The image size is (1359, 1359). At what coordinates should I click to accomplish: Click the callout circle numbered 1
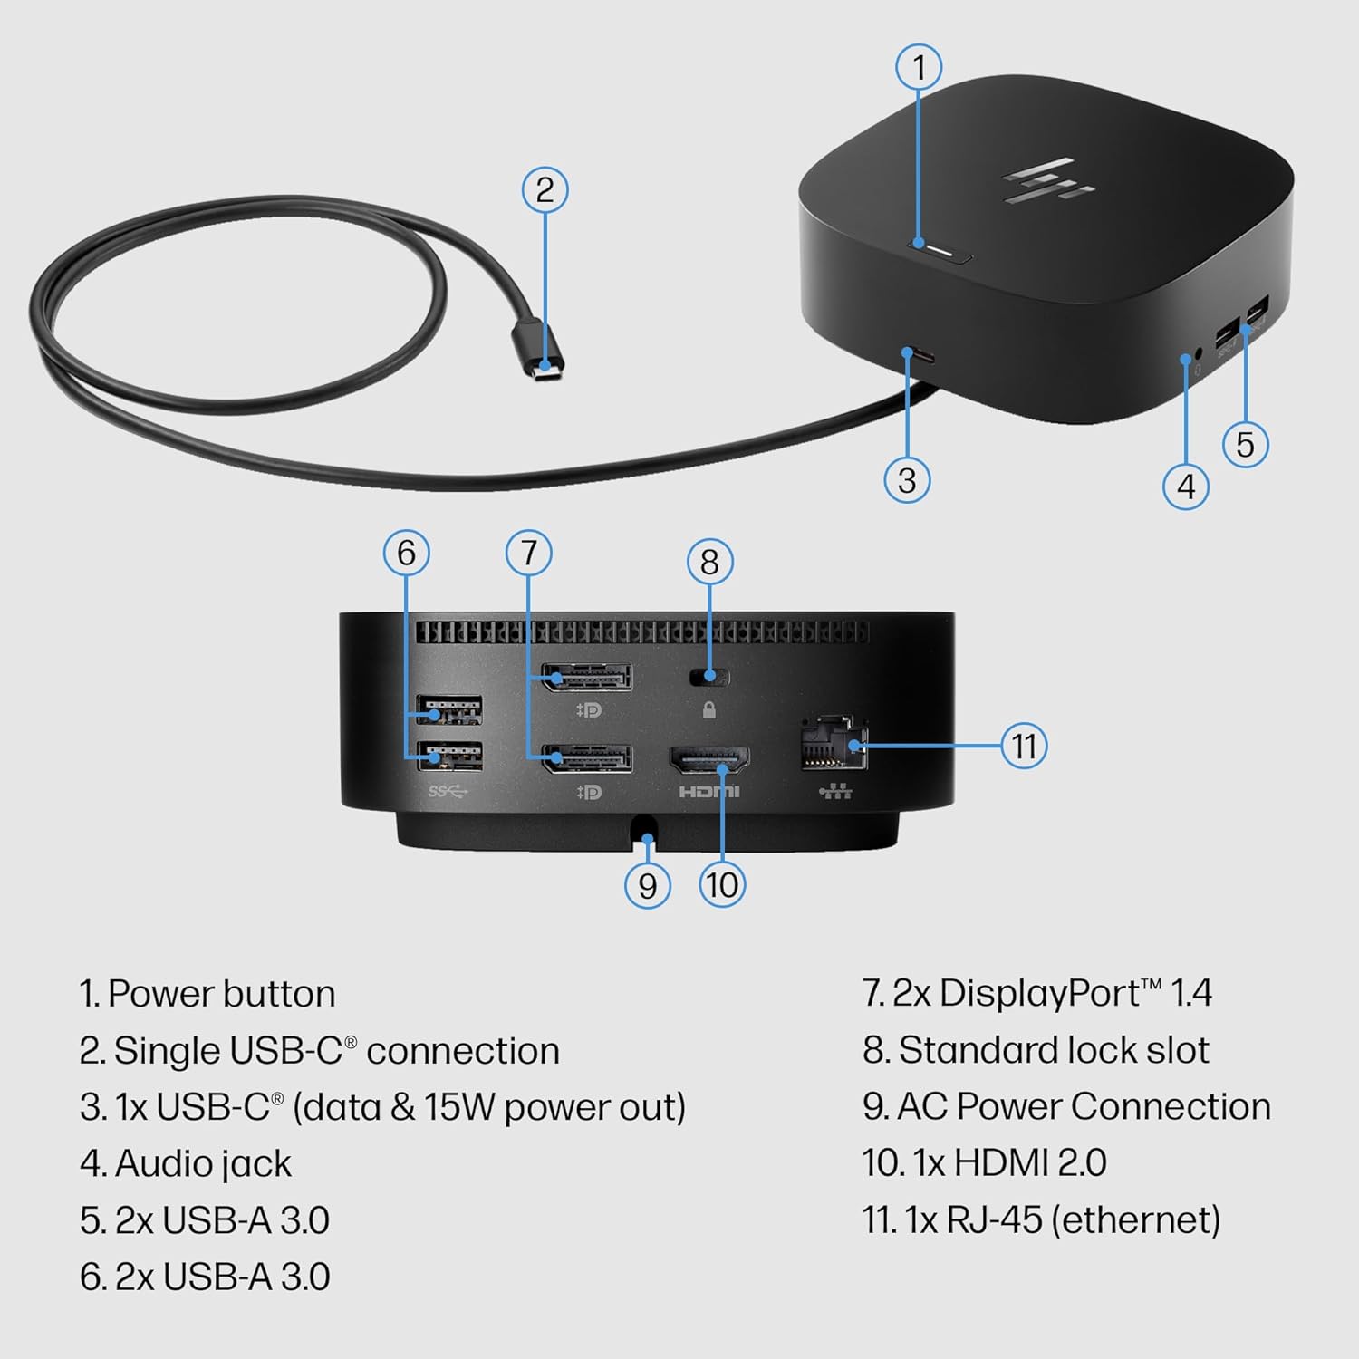coord(919,67)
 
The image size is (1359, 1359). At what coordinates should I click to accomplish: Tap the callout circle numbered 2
coord(545,189)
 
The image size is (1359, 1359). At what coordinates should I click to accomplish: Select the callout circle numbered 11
coord(1024,746)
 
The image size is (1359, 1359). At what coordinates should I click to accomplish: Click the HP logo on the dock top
coord(1048,181)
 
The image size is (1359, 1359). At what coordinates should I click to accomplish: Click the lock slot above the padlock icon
coord(708,676)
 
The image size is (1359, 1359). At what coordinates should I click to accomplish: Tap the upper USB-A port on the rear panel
coord(449,709)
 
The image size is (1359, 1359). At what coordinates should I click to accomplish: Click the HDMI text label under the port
coord(709,792)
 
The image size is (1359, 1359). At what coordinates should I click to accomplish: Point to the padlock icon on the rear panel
coord(709,710)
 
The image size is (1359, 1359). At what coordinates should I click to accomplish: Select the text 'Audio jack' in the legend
coord(203,1163)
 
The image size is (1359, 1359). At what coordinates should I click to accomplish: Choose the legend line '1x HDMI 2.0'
coord(984,1162)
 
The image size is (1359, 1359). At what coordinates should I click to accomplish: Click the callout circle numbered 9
coord(647,885)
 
